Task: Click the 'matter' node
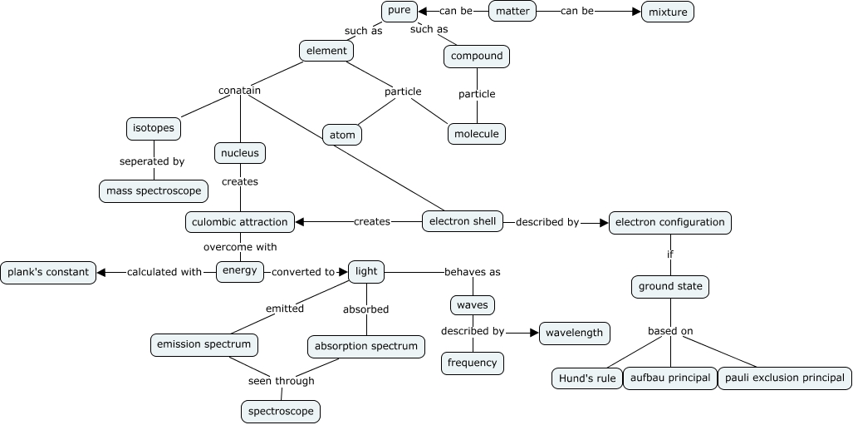512,12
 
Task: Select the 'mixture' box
668,12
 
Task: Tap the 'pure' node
399,12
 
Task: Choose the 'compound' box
477,57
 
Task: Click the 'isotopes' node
153,129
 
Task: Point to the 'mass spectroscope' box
154,190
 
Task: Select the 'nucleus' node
240,153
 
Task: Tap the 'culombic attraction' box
240,222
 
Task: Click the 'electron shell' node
463,221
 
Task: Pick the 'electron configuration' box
670,222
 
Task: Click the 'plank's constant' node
48,272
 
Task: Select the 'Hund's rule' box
586,378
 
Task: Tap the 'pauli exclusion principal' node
784,378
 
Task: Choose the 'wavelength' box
575,333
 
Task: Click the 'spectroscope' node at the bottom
281,411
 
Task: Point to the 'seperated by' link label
151,161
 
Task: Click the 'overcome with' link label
240,247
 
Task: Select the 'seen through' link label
282,381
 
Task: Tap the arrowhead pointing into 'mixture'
637,12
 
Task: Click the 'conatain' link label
239,90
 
